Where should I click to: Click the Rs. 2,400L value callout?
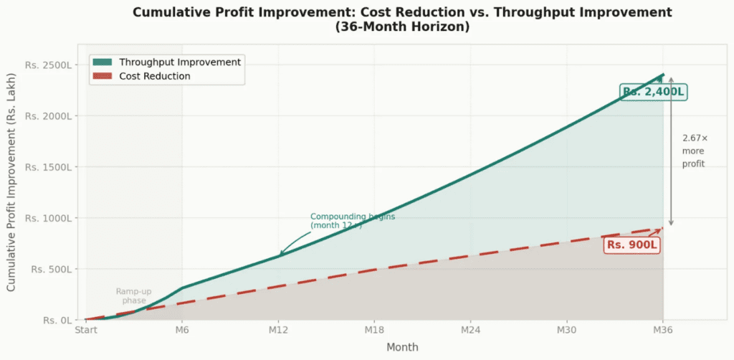point(653,92)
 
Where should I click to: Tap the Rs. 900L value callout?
point(631,245)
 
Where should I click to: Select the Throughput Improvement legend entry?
point(179,62)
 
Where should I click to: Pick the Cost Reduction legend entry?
point(154,76)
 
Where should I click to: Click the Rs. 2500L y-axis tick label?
point(48,65)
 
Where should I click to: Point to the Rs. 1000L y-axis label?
point(48,218)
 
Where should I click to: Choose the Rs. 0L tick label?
point(54,320)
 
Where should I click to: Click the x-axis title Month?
point(402,347)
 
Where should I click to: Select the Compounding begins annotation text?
point(352,220)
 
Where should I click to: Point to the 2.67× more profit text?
point(694,151)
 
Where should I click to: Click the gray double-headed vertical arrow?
point(671,151)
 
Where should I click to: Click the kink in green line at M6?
point(182,288)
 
